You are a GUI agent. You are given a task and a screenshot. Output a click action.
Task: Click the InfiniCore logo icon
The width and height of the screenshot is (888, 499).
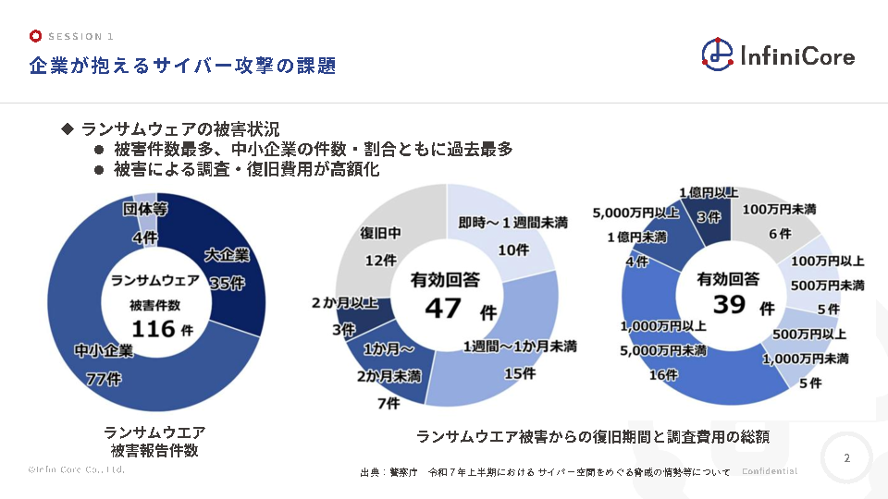click(718, 54)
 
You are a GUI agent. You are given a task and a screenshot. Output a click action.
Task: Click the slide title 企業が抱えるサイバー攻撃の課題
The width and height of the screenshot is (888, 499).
click(181, 66)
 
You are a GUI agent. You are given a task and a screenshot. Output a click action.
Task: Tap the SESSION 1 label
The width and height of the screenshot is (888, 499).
click(80, 37)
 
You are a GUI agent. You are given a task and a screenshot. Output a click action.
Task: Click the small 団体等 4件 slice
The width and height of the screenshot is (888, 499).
click(144, 211)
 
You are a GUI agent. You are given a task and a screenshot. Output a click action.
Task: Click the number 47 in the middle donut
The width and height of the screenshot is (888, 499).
click(443, 308)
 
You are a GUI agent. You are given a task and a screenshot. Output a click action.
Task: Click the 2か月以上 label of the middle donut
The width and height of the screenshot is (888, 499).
click(345, 303)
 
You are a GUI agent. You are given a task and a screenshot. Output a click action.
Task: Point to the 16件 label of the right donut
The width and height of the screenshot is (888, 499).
click(663, 375)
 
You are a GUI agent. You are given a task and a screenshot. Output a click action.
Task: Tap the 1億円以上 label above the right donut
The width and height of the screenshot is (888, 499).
click(708, 192)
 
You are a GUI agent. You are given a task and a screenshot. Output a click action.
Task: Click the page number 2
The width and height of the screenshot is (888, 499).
click(846, 458)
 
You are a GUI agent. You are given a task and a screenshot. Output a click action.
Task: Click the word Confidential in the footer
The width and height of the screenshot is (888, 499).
click(769, 471)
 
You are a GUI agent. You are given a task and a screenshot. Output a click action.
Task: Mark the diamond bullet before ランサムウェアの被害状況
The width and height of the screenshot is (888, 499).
click(66, 128)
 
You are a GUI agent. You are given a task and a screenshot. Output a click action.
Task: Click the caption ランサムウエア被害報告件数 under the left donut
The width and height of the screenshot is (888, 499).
click(154, 442)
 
